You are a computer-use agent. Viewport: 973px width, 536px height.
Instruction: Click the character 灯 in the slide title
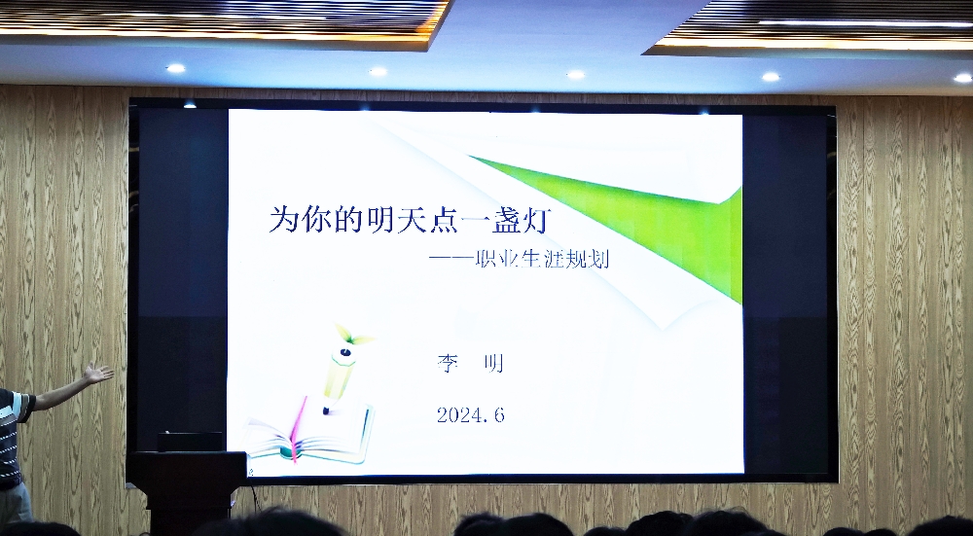tap(537, 220)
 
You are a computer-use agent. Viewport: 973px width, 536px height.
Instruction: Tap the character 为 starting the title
tap(284, 220)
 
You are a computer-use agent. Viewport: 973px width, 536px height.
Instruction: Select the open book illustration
tap(308, 432)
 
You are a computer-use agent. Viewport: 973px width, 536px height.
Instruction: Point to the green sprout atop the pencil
tap(352, 335)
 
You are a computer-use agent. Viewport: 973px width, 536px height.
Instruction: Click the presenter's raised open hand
tap(98, 374)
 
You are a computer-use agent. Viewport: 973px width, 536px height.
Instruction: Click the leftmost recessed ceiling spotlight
tap(175, 68)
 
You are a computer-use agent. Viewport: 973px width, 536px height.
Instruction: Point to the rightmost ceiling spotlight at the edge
tap(963, 78)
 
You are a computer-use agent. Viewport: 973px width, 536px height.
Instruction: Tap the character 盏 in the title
tap(508, 220)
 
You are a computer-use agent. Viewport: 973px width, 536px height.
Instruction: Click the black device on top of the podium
tap(190, 441)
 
